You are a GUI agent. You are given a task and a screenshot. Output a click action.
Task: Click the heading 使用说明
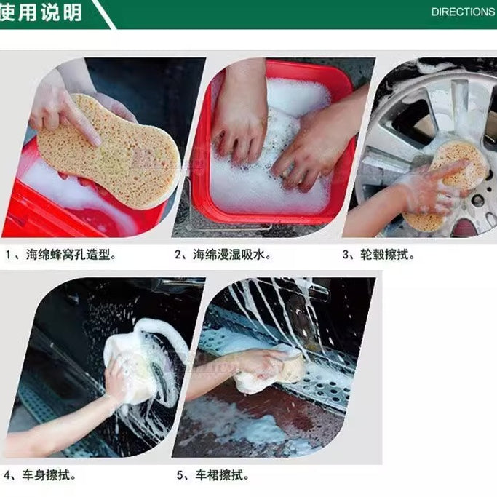point(41,12)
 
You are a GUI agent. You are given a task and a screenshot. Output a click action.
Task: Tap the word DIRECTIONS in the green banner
point(462,12)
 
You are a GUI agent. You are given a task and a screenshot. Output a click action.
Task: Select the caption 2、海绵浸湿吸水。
point(223,255)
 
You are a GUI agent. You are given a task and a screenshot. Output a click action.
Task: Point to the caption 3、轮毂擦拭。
point(378,255)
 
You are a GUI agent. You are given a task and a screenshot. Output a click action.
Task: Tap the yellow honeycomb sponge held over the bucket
point(109,153)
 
